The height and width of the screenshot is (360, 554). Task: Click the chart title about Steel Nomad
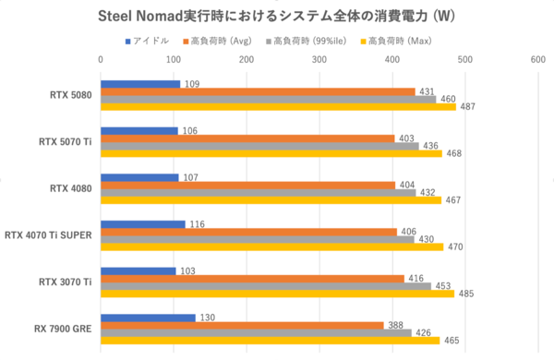(x=276, y=18)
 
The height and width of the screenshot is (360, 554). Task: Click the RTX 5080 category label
(x=71, y=95)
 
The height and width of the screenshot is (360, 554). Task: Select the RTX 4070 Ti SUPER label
(x=48, y=235)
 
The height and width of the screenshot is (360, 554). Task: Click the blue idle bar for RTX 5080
(x=139, y=84)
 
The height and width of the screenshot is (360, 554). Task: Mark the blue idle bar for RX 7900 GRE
(x=148, y=318)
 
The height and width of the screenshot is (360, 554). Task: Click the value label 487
(x=467, y=107)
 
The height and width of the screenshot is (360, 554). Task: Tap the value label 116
(x=197, y=223)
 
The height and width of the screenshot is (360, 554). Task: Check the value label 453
(x=442, y=286)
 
